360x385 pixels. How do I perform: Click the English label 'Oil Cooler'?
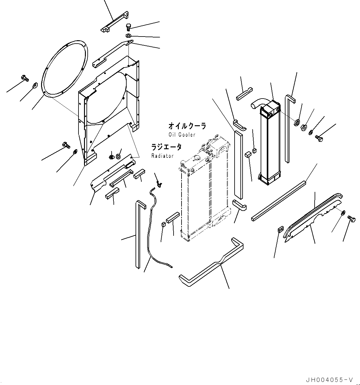[x=182, y=135]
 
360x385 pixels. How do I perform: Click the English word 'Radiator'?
[x=162, y=156]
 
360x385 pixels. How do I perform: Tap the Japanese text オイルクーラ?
[x=187, y=126]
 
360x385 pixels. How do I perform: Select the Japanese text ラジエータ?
[x=166, y=147]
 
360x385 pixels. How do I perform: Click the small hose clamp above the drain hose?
[x=159, y=184]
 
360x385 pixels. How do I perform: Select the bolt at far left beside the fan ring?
[x=25, y=78]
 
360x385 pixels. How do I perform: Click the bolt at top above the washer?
[x=129, y=27]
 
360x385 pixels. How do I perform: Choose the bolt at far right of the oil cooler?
[x=318, y=139]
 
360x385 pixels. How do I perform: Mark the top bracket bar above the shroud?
[x=114, y=22]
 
